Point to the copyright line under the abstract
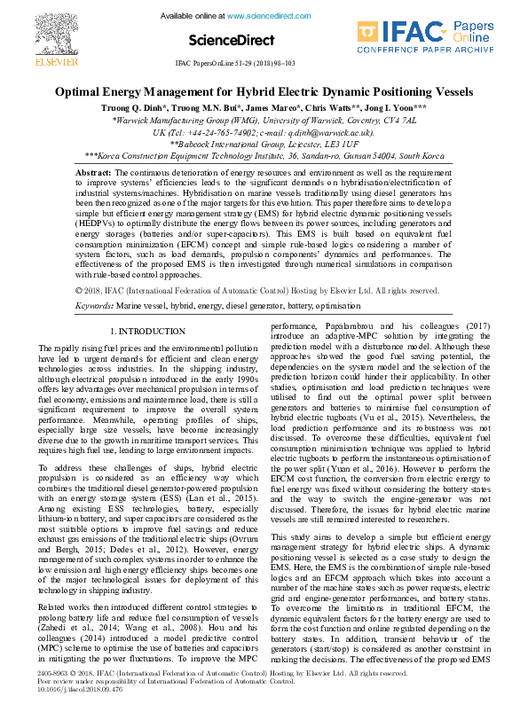pos(257,265)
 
